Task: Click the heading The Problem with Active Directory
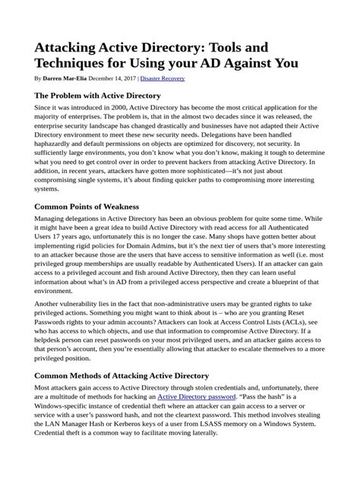(97, 96)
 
